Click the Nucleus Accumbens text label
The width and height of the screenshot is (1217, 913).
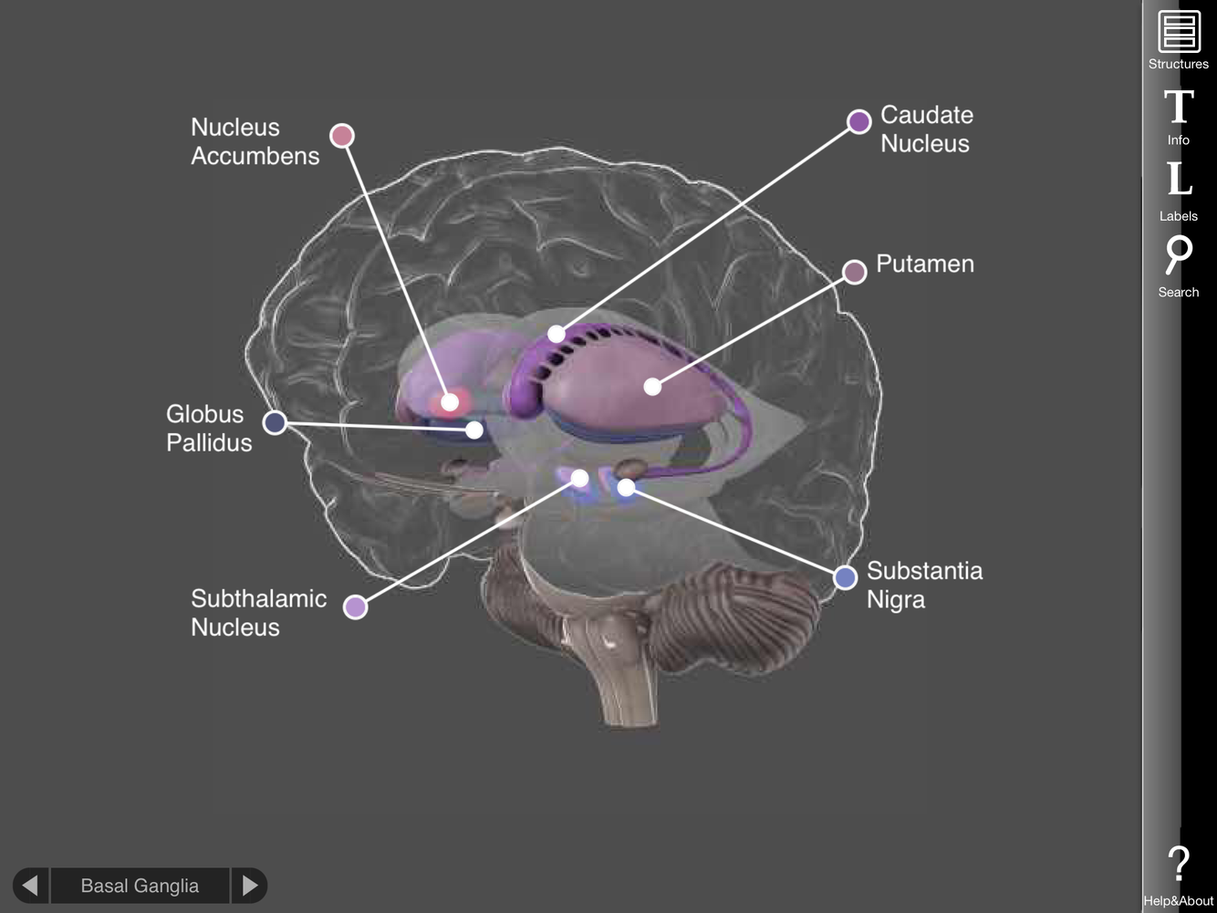(255, 141)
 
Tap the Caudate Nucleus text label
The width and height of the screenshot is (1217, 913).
(926, 129)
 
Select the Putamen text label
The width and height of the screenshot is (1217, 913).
(924, 264)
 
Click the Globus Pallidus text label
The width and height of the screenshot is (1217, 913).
(208, 428)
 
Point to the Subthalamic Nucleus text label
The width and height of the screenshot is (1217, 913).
(258, 612)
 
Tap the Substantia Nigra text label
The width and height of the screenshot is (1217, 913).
(923, 585)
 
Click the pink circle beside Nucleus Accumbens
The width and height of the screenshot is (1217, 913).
(342, 136)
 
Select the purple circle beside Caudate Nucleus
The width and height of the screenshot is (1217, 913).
(858, 121)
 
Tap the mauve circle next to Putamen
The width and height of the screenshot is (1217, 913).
(854, 272)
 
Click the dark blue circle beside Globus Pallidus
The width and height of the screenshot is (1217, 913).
(275, 422)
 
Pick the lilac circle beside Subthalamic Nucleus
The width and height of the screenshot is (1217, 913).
(355, 607)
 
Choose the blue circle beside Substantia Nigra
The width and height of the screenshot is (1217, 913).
(846, 576)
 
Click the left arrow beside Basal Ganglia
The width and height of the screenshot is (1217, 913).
(30, 885)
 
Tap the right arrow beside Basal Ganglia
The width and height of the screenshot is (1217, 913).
(249, 885)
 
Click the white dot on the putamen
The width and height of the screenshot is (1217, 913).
(652, 387)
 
